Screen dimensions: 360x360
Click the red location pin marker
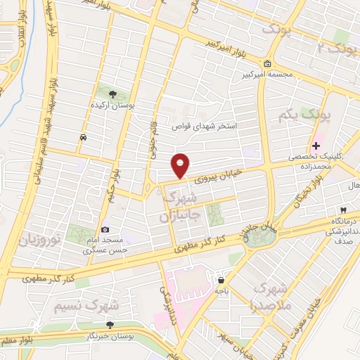click(x=181, y=165)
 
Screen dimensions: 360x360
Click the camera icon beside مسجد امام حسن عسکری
click(x=105, y=229)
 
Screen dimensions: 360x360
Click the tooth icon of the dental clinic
click(x=342, y=210)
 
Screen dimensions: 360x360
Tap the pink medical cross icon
click(x=316, y=146)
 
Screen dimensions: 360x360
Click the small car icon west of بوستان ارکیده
click(x=84, y=137)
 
